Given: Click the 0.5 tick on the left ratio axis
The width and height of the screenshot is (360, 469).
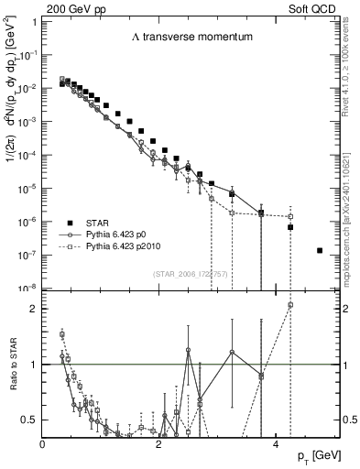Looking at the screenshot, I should [30, 420].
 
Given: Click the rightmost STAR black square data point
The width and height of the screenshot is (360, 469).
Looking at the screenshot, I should [319, 250].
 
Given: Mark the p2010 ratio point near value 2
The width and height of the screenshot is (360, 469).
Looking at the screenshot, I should [290, 304].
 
